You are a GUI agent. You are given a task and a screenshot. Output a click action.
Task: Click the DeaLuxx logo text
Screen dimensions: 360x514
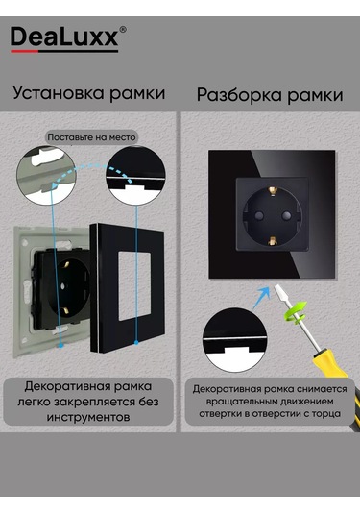coord(64,37)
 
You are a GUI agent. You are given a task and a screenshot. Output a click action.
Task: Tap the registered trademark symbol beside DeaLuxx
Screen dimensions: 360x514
coord(123,30)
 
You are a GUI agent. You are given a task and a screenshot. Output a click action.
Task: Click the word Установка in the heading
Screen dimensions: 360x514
coord(59,93)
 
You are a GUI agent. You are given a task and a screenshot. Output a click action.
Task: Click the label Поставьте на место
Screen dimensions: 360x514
coord(91,137)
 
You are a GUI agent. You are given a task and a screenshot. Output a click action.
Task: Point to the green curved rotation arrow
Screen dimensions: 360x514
coord(296,313)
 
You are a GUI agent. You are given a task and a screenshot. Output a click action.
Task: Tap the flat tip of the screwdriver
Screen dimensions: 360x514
coord(278,291)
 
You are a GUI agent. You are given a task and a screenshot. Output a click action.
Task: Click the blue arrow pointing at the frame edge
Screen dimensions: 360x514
coord(262,298)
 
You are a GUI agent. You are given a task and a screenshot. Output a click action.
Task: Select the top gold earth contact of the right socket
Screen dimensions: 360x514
coord(273,190)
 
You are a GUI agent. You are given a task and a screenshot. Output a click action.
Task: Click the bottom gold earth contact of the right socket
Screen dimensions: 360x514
coord(272,241)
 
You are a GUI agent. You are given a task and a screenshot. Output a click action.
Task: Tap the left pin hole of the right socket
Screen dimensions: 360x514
coord(258,216)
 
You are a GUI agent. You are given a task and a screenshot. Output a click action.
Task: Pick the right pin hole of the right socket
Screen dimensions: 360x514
coord(286,216)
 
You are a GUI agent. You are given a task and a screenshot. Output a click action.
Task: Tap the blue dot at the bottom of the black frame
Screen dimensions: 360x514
coord(136,343)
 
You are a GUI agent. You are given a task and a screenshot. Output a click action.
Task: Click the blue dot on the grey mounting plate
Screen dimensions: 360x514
coord(60,345)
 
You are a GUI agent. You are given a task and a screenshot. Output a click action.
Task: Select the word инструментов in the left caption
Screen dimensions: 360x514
coord(88,417)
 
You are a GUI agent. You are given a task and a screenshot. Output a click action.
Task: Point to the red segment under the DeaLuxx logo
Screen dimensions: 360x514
coord(24,51)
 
